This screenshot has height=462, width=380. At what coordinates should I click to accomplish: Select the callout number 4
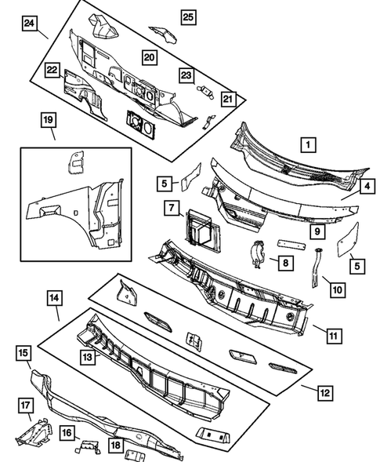point(367,187)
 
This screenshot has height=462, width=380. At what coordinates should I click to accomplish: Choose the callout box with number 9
point(317,231)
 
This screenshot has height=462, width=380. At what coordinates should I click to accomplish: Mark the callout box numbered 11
point(333,336)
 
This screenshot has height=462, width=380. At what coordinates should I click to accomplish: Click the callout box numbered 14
point(53,298)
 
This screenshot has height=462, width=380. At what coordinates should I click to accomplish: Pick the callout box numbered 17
point(25,405)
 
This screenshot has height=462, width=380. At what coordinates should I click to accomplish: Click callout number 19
point(49,119)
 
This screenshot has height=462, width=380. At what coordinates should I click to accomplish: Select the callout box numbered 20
point(149,56)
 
